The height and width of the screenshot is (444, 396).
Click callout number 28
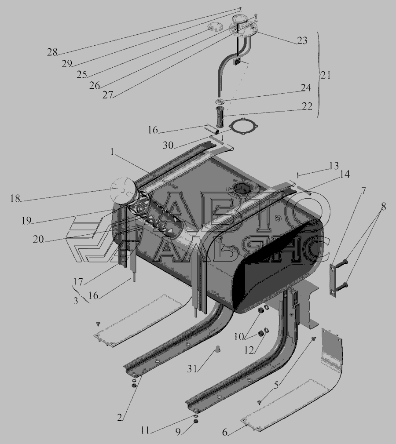point(52,52)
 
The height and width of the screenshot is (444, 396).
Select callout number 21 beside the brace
point(326,75)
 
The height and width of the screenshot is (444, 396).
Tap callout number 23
point(302,40)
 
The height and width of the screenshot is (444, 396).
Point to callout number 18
point(15,198)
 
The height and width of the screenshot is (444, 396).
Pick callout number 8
point(383,207)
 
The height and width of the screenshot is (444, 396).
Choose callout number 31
point(192,368)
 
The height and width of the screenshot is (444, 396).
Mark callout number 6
point(224,432)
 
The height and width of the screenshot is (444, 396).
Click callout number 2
point(120,417)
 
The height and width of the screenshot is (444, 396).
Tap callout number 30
point(168,145)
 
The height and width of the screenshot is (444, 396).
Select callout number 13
point(334,165)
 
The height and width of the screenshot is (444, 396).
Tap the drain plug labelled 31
point(218,349)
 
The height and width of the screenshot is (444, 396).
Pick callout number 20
point(39,239)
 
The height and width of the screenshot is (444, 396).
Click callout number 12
point(249,350)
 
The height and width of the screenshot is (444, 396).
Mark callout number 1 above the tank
point(113,153)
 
